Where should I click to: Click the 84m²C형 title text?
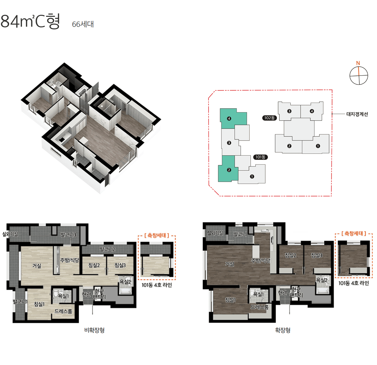pos(30,21)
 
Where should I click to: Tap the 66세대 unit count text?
pos(83,24)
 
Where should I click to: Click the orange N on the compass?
pos(358,63)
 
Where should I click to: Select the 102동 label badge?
pos(269,118)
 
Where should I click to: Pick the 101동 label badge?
pos(260,157)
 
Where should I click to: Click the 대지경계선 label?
pos(357,114)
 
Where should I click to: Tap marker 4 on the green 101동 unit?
pos(229,118)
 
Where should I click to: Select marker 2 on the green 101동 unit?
pos(229,170)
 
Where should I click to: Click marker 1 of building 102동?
pos(318,146)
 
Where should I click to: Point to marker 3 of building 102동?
pos(289,111)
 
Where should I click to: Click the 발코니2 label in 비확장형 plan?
pos(107,249)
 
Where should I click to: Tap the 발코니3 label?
pos(68,235)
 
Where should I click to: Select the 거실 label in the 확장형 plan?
pos(229,264)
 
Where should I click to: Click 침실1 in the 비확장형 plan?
pos(39,304)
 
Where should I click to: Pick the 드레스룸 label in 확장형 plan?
pos(260,307)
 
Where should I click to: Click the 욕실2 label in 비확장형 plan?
pos(125,282)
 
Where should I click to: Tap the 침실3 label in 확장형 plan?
pos(317,255)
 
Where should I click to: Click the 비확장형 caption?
pos(95,330)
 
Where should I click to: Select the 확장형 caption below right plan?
pos(283,330)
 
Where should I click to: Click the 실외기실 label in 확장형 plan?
pos(215,233)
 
